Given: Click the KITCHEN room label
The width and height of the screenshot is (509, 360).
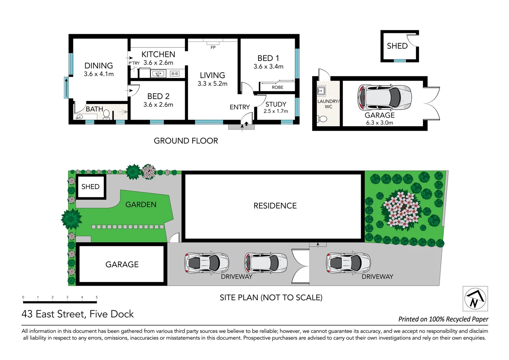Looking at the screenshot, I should [158, 54].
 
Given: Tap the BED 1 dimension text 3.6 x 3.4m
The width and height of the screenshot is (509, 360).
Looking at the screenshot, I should [268, 67].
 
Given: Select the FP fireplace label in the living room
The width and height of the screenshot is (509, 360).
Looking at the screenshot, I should [213, 48].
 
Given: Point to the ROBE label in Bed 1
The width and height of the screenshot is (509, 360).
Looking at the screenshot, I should [277, 87].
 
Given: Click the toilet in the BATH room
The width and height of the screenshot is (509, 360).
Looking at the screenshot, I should [106, 114].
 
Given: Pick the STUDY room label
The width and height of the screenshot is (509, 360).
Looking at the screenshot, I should [276, 104].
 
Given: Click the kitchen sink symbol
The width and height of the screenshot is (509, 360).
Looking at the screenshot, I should [159, 74].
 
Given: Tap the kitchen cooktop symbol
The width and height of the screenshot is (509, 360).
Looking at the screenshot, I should [175, 74].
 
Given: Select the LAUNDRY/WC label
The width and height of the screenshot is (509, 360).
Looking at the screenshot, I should [328, 104].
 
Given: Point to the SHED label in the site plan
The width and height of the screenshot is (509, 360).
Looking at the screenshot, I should [90, 187].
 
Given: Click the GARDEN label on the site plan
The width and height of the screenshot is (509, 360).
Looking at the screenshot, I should [141, 205].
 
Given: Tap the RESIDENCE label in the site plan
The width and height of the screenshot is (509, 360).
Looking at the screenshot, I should [275, 206].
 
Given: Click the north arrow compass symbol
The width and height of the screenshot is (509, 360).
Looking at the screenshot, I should [475, 299].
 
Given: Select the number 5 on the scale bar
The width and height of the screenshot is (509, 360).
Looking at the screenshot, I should [97, 297].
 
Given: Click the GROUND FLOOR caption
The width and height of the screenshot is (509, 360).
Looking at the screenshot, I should [186, 141].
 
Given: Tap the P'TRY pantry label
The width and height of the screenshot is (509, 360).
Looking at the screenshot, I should [134, 63].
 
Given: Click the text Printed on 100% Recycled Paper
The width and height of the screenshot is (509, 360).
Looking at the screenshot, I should [443, 319].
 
